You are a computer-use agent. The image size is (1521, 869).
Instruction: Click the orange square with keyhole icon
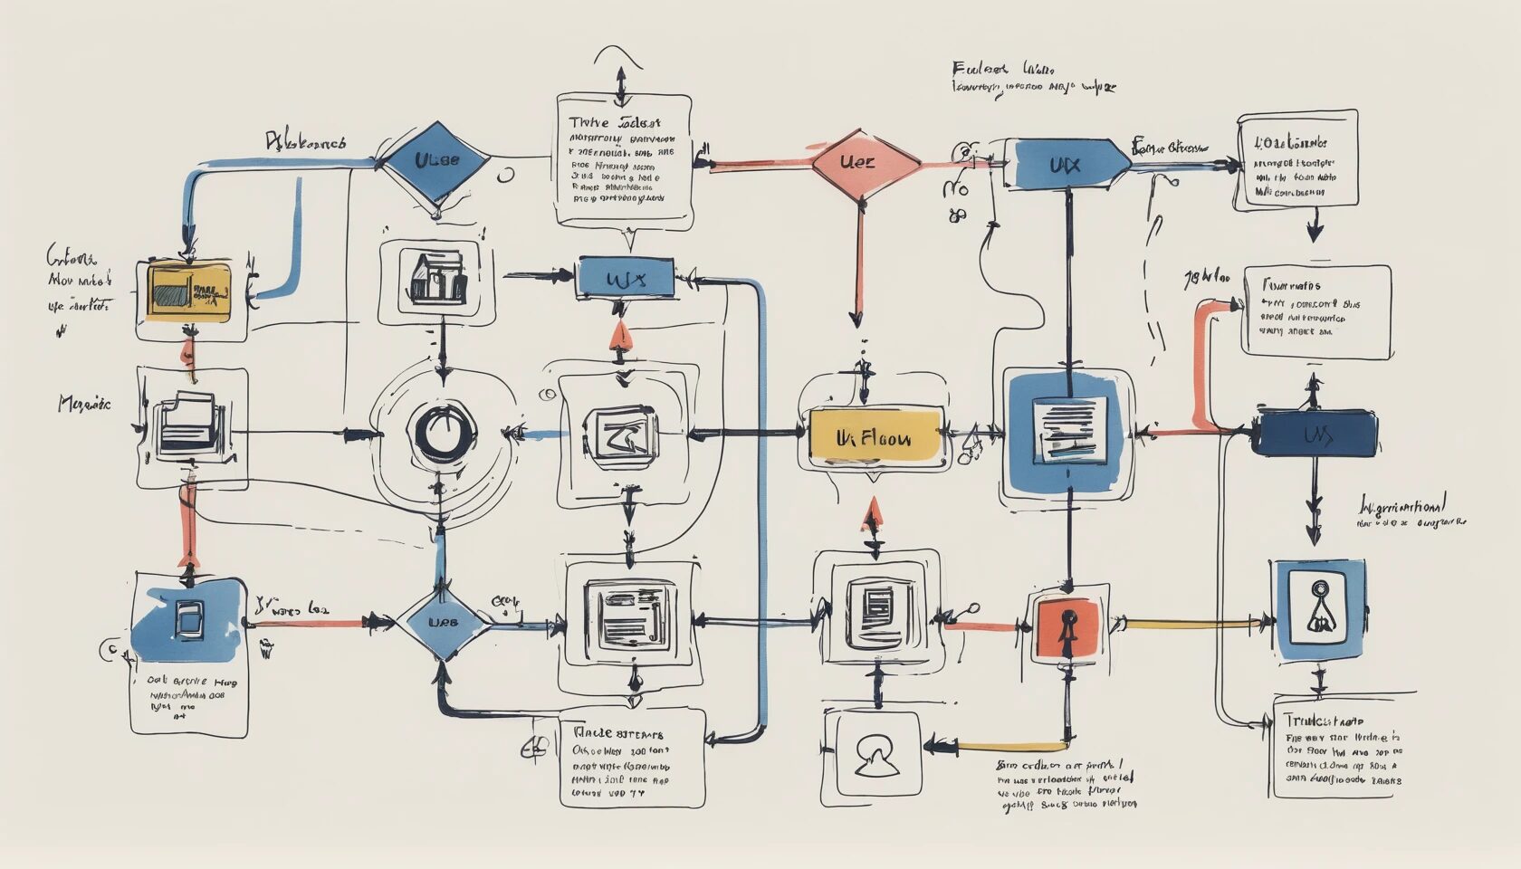(1067, 626)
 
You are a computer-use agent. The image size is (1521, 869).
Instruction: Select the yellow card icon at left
(188, 291)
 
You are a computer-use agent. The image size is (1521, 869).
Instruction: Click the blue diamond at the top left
(436, 161)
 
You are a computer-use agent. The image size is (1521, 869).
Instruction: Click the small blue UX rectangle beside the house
(626, 279)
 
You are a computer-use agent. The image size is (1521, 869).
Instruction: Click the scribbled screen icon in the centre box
(621, 436)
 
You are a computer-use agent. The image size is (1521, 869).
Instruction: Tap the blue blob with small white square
(188, 618)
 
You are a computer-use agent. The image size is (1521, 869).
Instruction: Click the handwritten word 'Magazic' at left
(84, 403)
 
